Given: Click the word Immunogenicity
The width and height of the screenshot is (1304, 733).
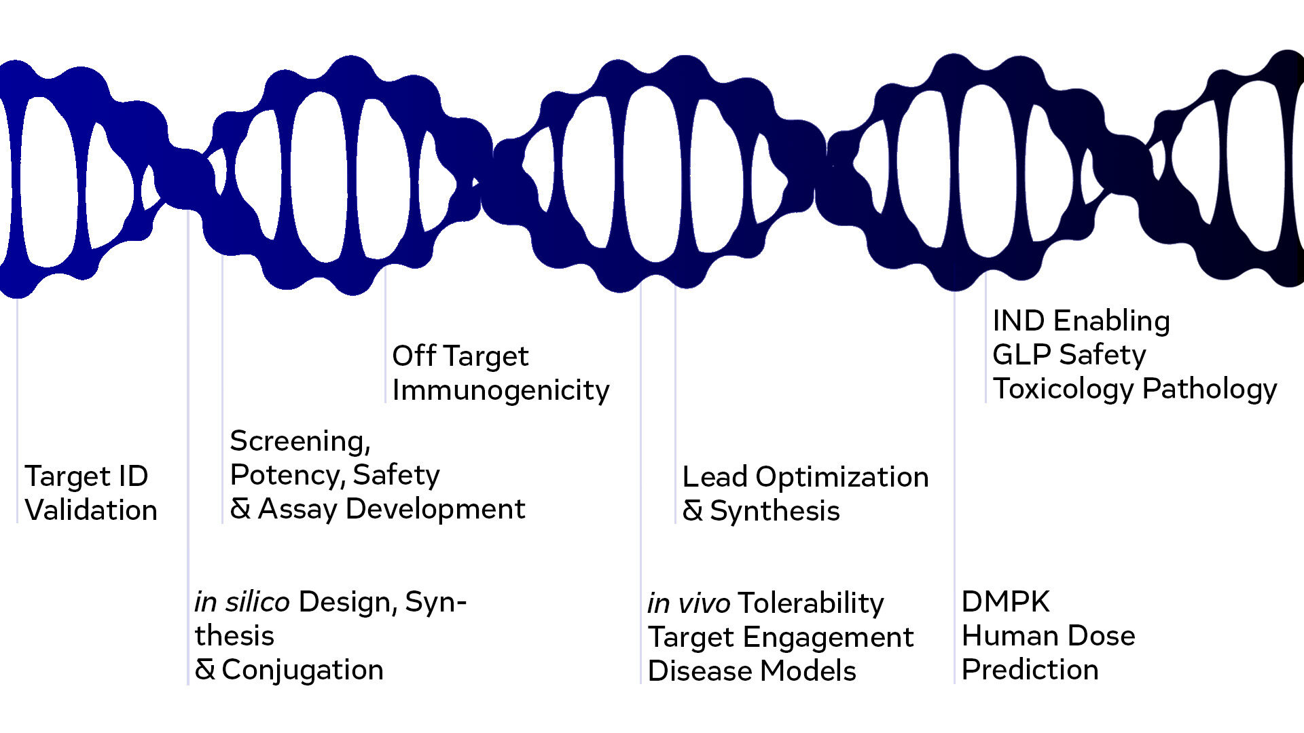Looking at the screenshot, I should click(501, 390).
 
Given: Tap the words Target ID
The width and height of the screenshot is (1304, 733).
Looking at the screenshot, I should click(86, 476).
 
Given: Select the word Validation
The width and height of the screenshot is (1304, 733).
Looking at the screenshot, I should click(91, 510).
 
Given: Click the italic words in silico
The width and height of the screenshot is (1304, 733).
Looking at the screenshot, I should click(242, 602).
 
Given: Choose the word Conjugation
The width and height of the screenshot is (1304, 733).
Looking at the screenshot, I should click(302, 670).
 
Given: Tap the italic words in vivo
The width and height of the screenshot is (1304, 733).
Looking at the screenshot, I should click(688, 603).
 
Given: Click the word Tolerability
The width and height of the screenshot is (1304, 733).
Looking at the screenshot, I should click(810, 603).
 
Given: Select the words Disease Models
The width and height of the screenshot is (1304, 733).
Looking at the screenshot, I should click(751, 671).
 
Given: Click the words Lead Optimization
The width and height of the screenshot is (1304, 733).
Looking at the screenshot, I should click(805, 477).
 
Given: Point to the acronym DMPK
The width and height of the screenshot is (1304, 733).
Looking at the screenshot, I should click(1005, 602).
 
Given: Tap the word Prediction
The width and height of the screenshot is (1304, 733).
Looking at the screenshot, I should click(1030, 670).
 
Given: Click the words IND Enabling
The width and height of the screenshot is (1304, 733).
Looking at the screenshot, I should click(1081, 321).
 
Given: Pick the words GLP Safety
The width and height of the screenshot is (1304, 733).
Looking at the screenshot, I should click(1068, 355).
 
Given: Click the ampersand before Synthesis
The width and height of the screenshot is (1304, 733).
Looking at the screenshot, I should click(692, 511).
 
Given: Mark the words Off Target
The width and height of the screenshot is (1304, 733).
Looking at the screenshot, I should click(460, 356).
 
